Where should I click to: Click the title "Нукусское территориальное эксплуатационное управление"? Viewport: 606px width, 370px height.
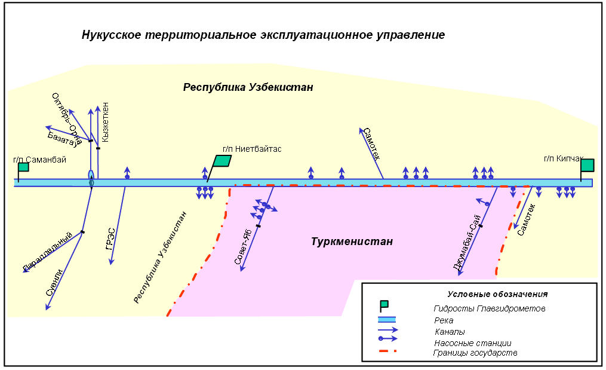coord(263,35)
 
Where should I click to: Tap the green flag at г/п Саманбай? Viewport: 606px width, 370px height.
coord(23,167)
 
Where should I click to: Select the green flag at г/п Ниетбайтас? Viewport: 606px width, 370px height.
coord(222,161)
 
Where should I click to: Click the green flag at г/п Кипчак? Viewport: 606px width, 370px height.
coord(587,166)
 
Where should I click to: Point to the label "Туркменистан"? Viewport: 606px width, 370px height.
coord(352,241)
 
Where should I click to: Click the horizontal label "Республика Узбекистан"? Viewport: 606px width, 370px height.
coord(248,88)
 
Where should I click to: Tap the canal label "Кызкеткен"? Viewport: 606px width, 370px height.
coord(106,122)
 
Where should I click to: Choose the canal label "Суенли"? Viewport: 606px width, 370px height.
coord(54,282)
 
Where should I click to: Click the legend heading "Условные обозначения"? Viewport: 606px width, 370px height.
coord(497,294)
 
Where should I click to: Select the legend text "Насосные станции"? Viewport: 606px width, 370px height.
coord(472,343)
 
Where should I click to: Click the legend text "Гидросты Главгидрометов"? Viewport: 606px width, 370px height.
coord(489,308)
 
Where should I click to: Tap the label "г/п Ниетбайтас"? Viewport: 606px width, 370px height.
coord(251,149)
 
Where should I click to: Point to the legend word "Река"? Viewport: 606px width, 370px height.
coord(443,320)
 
